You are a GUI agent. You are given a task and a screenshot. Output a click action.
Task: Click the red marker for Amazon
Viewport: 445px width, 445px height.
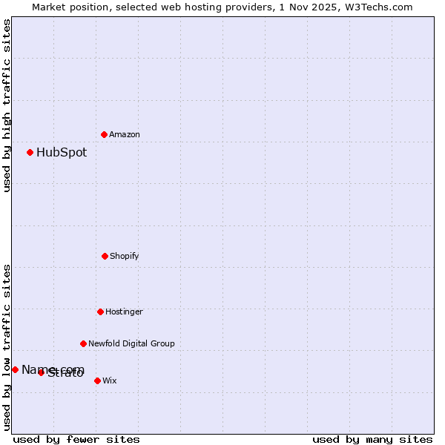pos(104,134)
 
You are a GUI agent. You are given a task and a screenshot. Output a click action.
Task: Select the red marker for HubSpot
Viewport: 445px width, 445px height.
pos(30,152)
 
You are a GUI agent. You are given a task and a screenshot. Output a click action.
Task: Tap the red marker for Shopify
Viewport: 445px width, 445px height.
pos(105,256)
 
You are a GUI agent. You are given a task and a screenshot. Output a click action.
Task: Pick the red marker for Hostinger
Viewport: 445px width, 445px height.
pos(100,311)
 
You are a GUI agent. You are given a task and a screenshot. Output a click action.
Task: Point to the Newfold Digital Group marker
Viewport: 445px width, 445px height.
pos(83,343)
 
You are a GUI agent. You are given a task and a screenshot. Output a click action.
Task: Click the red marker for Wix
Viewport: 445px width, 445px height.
pos(97,380)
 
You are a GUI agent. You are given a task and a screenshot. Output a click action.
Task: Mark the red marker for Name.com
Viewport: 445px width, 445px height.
pos(15,369)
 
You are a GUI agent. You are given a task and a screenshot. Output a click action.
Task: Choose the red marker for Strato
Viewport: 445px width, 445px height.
pos(42,372)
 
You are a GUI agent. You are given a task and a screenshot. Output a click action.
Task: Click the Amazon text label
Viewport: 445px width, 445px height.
pos(125,134)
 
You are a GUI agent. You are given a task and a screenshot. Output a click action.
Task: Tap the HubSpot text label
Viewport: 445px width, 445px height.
pos(62,153)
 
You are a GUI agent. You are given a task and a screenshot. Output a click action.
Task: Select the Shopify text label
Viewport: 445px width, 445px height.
pos(125,256)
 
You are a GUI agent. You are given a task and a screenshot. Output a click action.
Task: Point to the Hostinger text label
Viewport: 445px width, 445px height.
pos(124,311)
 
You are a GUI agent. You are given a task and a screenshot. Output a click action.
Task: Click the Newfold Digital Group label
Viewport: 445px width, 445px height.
pos(131,343)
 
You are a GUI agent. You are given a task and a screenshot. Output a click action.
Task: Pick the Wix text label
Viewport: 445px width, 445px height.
pos(110,380)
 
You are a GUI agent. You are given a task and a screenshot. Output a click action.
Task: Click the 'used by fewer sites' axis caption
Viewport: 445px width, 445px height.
pos(76,439)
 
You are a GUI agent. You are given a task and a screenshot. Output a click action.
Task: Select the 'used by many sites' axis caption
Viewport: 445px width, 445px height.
pos(372,439)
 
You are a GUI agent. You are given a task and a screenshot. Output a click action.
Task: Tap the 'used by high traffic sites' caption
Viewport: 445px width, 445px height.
pos(7,105)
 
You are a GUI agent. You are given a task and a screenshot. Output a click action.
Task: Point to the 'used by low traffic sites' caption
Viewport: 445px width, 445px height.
pos(7,347)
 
